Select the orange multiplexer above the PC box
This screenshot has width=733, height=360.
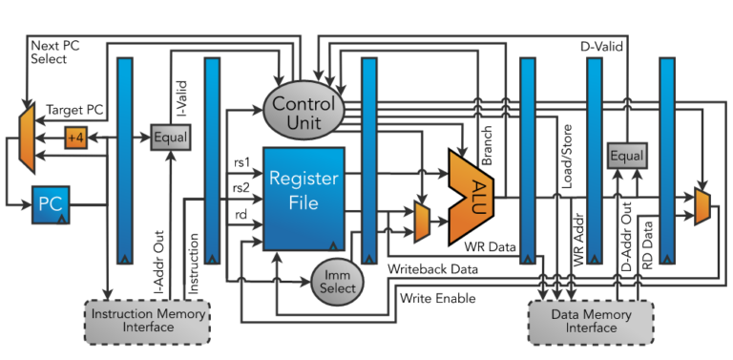[28, 137]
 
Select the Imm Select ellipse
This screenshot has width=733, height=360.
[338, 282]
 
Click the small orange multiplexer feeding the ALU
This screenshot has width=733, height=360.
[420, 222]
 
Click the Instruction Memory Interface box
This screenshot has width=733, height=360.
[146, 320]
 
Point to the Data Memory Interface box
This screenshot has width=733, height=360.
[590, 320]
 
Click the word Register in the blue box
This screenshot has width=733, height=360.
[304, 179]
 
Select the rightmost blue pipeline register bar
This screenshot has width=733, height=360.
[667, 159]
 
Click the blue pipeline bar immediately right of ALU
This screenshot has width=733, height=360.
[526, 159]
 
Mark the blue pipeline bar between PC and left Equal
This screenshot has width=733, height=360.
[124, 159]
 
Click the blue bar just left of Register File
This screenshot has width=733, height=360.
[212, 159]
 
